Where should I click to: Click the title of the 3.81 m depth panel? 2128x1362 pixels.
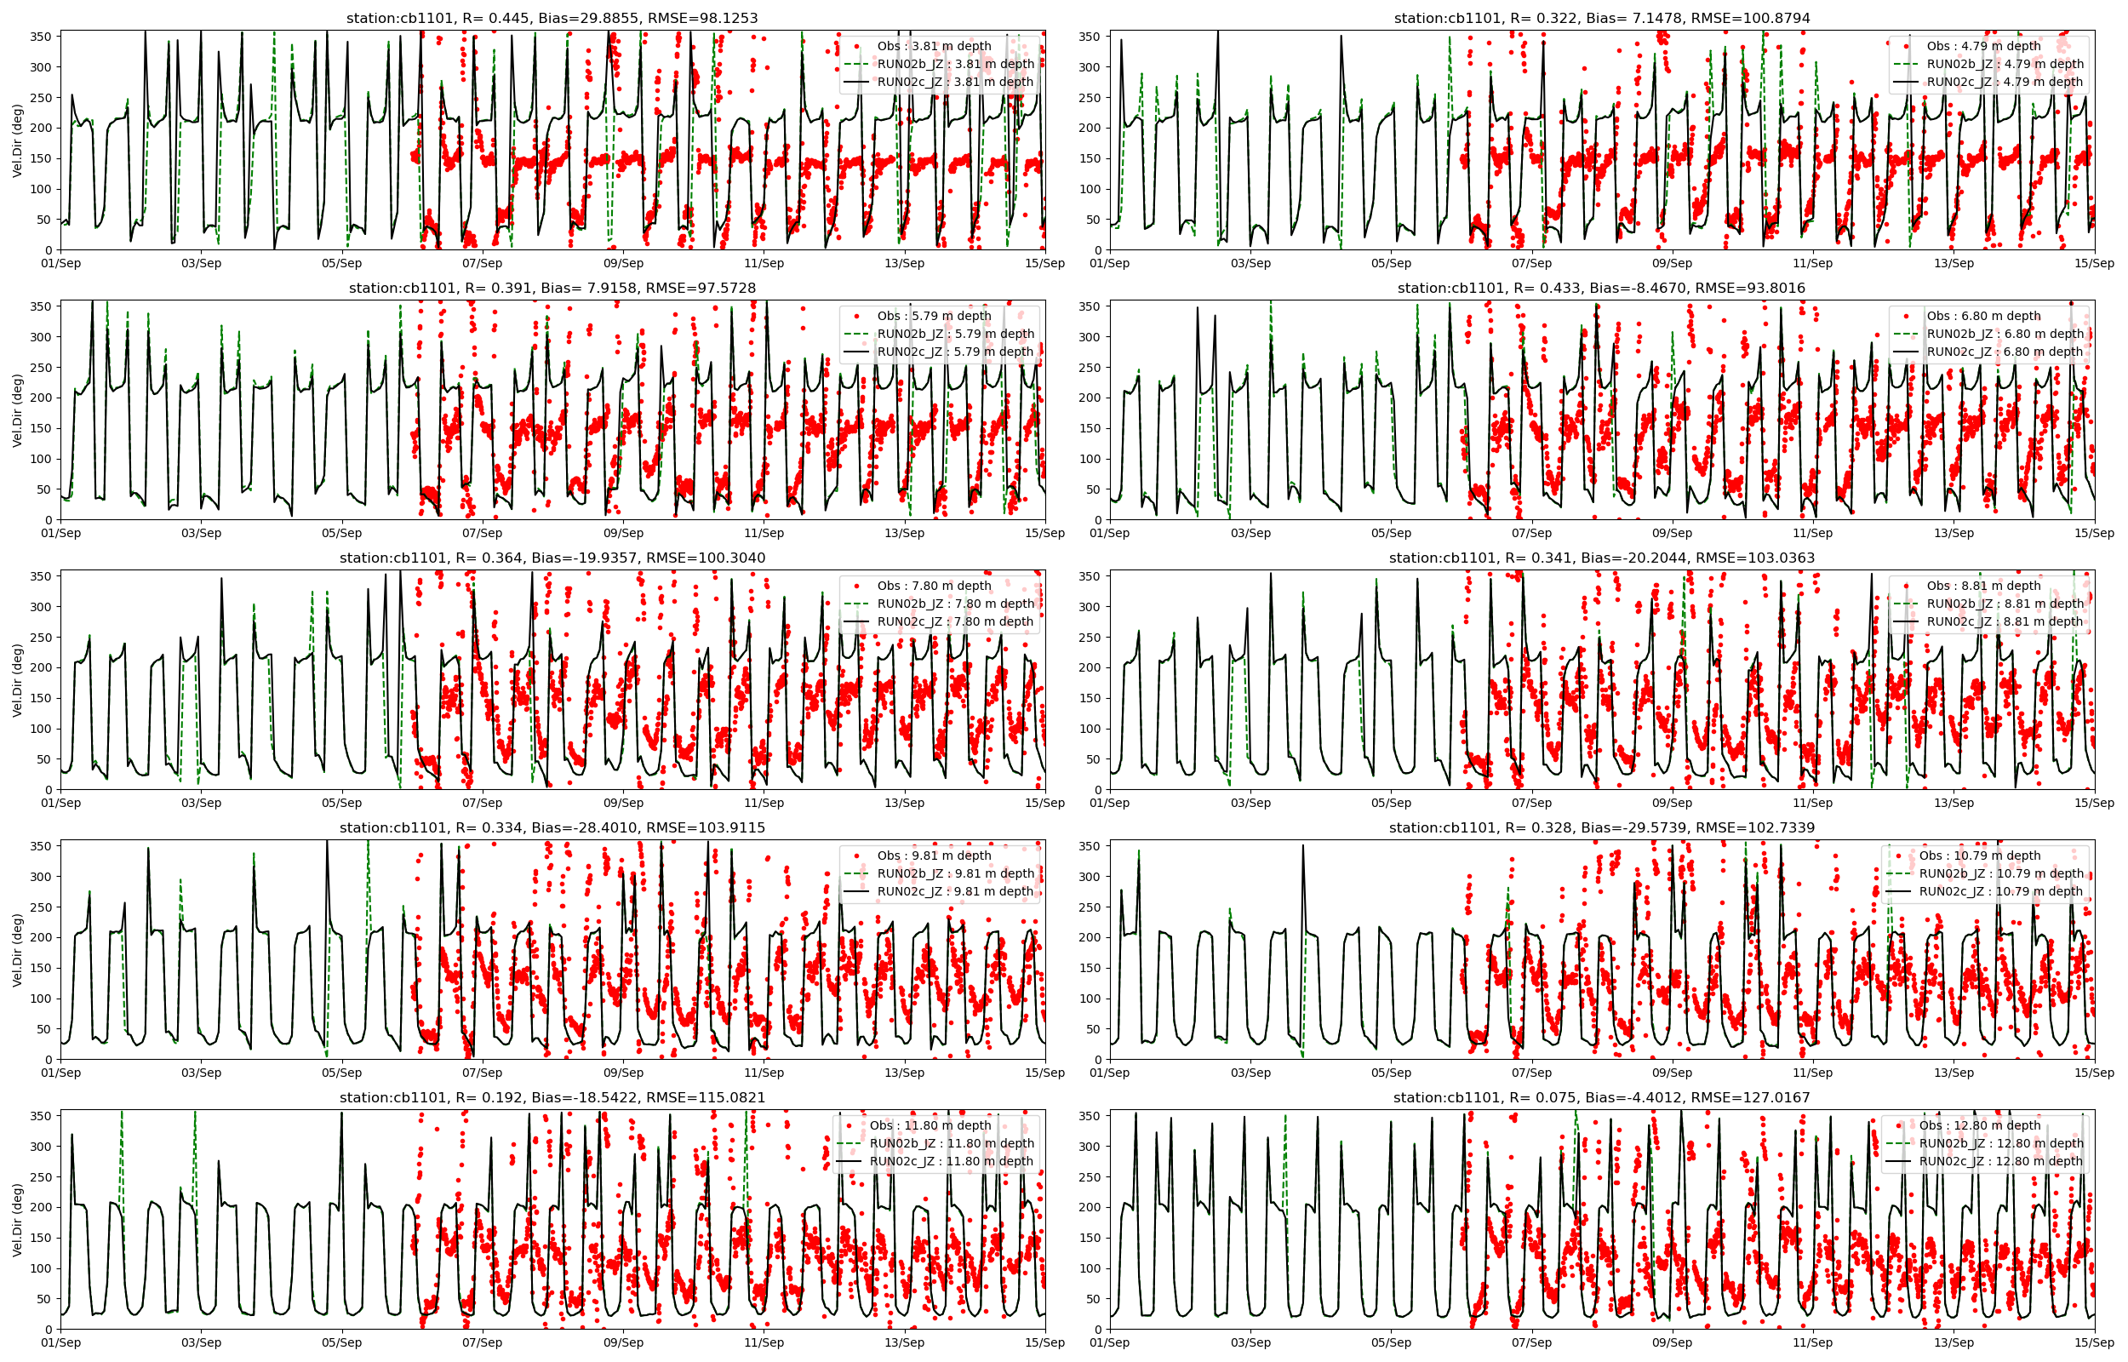click(x=552, y=18)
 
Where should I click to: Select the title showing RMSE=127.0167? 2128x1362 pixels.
click(x=1601, y=1097)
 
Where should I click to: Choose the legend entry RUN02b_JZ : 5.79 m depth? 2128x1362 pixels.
click(x=955, y=334)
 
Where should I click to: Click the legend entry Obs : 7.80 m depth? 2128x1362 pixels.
click(x=934, y=586)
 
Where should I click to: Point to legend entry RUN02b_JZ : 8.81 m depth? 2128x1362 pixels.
click(x=2005, y=604)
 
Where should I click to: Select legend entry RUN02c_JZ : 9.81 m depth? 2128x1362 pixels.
click(x=955, y=891)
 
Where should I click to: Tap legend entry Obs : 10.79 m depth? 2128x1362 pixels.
click(x=1980, y=856)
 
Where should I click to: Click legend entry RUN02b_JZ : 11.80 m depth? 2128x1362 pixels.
click(x=952, y=1142)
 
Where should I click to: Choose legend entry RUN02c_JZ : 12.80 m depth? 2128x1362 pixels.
click(x=2000, y=1161)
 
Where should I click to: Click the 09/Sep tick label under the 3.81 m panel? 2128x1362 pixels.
click(x=623, y=263)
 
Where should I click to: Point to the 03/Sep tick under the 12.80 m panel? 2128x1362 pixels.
click(x=1250, y=1342)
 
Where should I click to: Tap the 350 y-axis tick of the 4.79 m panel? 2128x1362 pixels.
click(x=1089, y=37)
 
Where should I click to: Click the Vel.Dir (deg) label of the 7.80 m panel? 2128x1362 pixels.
click(x=18, y=679)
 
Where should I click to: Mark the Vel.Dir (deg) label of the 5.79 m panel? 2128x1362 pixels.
click(x=18, y=409)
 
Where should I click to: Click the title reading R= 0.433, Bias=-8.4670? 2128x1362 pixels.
click(x=1601, y=288)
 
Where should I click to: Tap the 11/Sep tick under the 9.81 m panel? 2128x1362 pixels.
click(x=764, y=1073)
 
